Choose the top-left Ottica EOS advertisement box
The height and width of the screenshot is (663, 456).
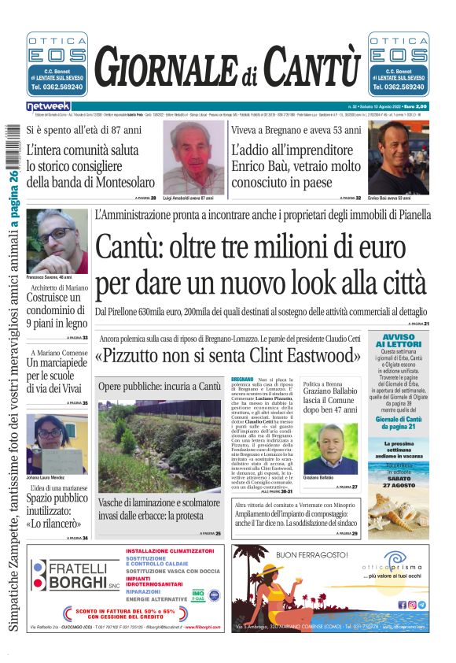pyautogui.click(x=57, y=63)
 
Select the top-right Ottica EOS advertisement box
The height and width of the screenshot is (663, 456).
pyautogui.click(x=398, y=63)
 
